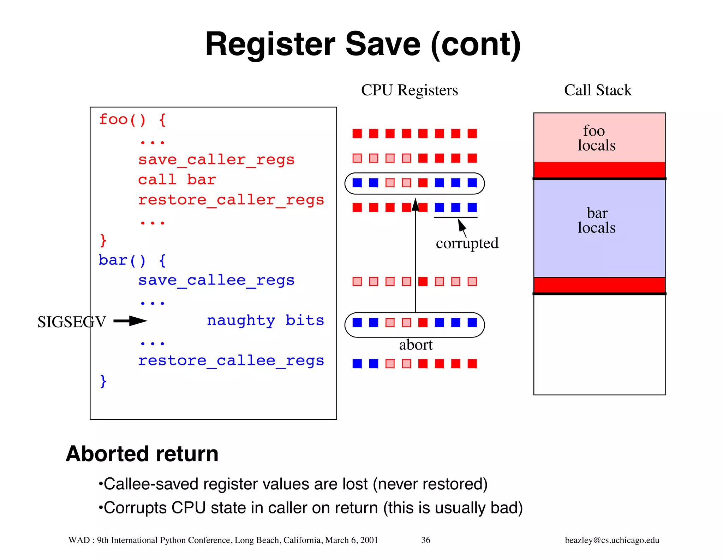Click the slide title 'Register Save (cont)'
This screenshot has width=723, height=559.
tap(363, 45)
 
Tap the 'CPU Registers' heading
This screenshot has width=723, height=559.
tap(409, 90)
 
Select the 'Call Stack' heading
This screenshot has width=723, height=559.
tap(598, 90)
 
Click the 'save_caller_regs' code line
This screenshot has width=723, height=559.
tap(216, 160)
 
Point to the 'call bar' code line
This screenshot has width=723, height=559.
tap(177, 180)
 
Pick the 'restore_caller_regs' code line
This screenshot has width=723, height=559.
tap(231, 200)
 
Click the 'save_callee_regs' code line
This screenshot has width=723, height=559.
tap(216, 281)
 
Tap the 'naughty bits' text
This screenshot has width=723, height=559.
tap(265, 320)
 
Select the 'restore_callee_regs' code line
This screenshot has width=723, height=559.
tap(231, 361)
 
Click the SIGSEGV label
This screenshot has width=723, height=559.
tap(72, 322)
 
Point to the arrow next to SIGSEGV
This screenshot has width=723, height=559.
tap(130, 321)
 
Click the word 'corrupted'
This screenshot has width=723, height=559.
tap(467, 243)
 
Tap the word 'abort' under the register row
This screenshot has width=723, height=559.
tap(416, 345)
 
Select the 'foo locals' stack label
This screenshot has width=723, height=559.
tap(596, 138)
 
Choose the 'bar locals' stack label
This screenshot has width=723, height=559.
tap(596, 220)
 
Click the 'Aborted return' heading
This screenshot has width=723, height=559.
tap(142, 454)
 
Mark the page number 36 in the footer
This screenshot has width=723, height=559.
tap(426, 540)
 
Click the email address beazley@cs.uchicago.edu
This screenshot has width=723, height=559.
tap(612, 540)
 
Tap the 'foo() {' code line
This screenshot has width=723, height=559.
tap(132, 119)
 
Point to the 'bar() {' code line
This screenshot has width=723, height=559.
tap(132, 260)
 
